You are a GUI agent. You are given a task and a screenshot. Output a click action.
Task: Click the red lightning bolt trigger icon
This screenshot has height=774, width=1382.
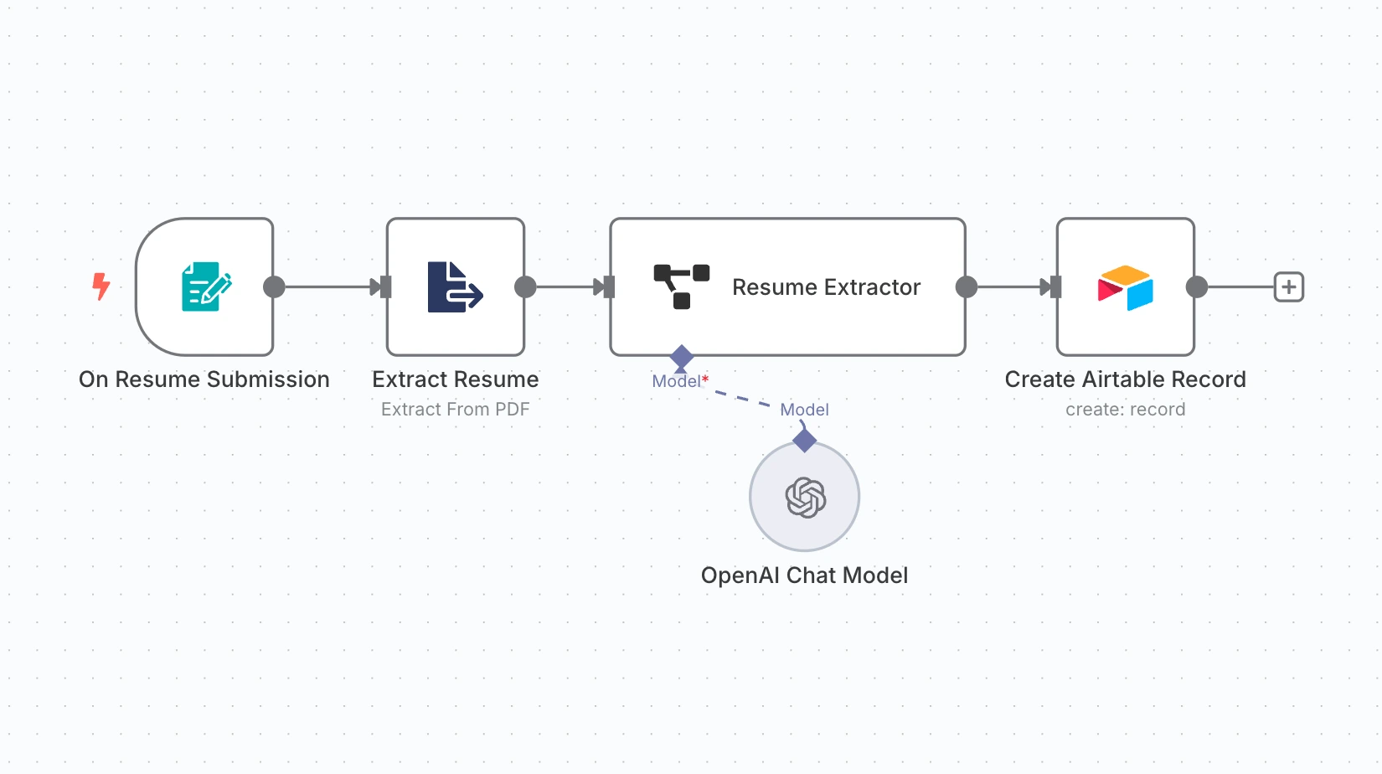(x=101, y=286)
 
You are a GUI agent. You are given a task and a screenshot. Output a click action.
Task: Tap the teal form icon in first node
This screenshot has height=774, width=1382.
(x=206, y=286)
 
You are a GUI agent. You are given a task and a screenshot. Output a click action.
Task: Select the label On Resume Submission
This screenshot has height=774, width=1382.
(x=204, y=379)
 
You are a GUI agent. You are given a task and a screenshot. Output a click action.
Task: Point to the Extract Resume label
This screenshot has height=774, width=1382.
(x=455, y=379)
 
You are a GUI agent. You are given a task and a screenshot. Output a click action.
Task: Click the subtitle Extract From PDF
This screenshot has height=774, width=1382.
(x=455, y=410)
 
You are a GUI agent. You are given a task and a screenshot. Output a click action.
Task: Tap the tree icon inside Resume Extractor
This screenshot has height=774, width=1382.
(x=681, y=286)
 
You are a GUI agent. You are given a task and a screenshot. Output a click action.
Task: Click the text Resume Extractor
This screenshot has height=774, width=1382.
(x=826, y=287)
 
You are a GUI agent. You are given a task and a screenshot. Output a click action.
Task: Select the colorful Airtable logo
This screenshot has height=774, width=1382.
(x=1125, y=287)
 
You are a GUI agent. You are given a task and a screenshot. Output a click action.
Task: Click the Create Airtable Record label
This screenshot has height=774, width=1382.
(x=1125, y=379)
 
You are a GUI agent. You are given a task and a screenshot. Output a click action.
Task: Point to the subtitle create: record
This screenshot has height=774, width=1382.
(x=1125, y=410)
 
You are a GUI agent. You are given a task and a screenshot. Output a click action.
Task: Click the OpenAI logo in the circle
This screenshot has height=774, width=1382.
(x=805, y=498)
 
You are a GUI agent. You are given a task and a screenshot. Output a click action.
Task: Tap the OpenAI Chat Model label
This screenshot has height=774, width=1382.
(x=804, y=575)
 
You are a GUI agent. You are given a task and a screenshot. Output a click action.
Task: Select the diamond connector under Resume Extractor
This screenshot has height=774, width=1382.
(x=682, y=357)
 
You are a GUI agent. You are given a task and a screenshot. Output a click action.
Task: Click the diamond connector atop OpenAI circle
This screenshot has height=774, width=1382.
(x=804, y=440)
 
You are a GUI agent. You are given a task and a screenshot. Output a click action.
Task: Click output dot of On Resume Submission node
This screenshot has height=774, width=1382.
(x=274, y=287)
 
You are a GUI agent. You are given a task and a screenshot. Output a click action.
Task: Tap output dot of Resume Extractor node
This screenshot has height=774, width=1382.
(x=967, y=287)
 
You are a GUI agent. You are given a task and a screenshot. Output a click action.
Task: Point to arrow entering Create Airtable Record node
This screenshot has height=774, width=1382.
(x=1049, y=287)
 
